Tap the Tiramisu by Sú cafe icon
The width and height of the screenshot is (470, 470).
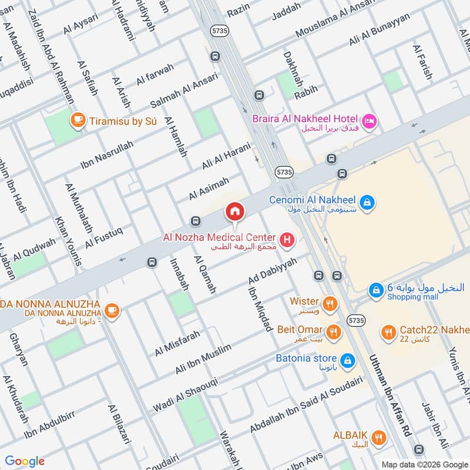point(76,120)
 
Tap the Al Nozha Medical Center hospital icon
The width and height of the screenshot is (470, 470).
point(287,239)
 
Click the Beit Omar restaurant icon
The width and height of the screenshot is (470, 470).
point(333,332)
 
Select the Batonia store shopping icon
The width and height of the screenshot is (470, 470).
point(347,359)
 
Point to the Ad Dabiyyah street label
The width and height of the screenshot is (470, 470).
point(270,268)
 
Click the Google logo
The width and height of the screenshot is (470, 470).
point(25,461)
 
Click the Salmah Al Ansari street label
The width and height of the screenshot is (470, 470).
point(183,89)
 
